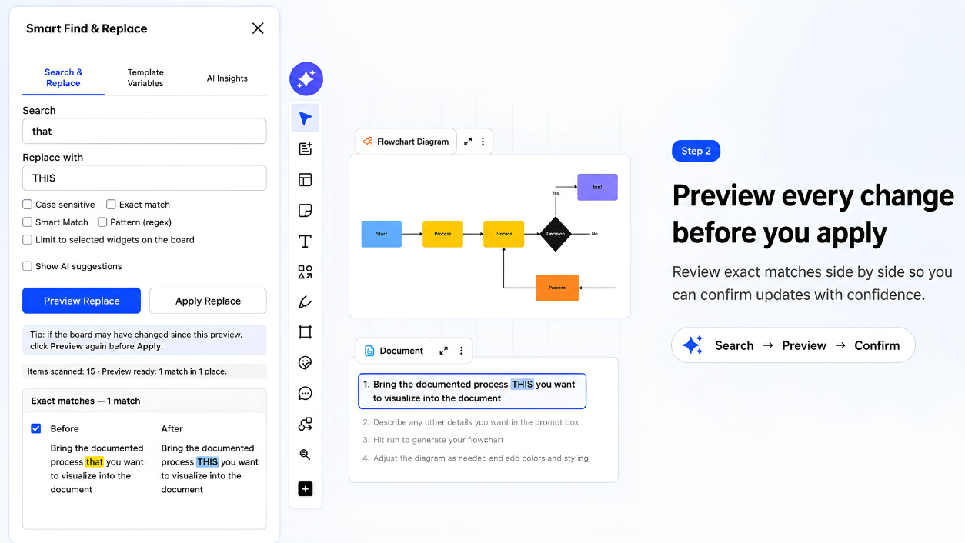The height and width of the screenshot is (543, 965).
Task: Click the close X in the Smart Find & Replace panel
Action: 258,28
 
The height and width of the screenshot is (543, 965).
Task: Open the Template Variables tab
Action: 145,78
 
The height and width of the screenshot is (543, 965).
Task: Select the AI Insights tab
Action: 227,78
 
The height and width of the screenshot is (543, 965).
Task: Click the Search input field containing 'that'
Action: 145,131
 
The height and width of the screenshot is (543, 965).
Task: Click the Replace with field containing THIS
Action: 145,178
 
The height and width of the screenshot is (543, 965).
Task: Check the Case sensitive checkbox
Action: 27,204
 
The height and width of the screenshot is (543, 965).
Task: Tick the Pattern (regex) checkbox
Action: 102,222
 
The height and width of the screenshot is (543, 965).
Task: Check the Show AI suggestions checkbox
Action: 27,266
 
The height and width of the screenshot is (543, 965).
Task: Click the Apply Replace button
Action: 208,301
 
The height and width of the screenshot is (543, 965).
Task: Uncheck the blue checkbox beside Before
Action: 35,428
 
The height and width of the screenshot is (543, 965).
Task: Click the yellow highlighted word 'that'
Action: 95,462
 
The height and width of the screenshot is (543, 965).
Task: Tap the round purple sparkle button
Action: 306,78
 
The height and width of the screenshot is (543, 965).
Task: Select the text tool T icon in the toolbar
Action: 305,242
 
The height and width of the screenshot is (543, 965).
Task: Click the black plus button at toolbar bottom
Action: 305,488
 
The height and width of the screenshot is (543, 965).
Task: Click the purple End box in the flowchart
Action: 597,187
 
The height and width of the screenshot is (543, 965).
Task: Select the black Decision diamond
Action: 556,234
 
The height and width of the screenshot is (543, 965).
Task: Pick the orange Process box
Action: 557,288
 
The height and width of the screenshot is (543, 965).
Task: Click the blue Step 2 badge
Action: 696,151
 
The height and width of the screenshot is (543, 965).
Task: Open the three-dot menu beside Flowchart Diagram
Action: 483,142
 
